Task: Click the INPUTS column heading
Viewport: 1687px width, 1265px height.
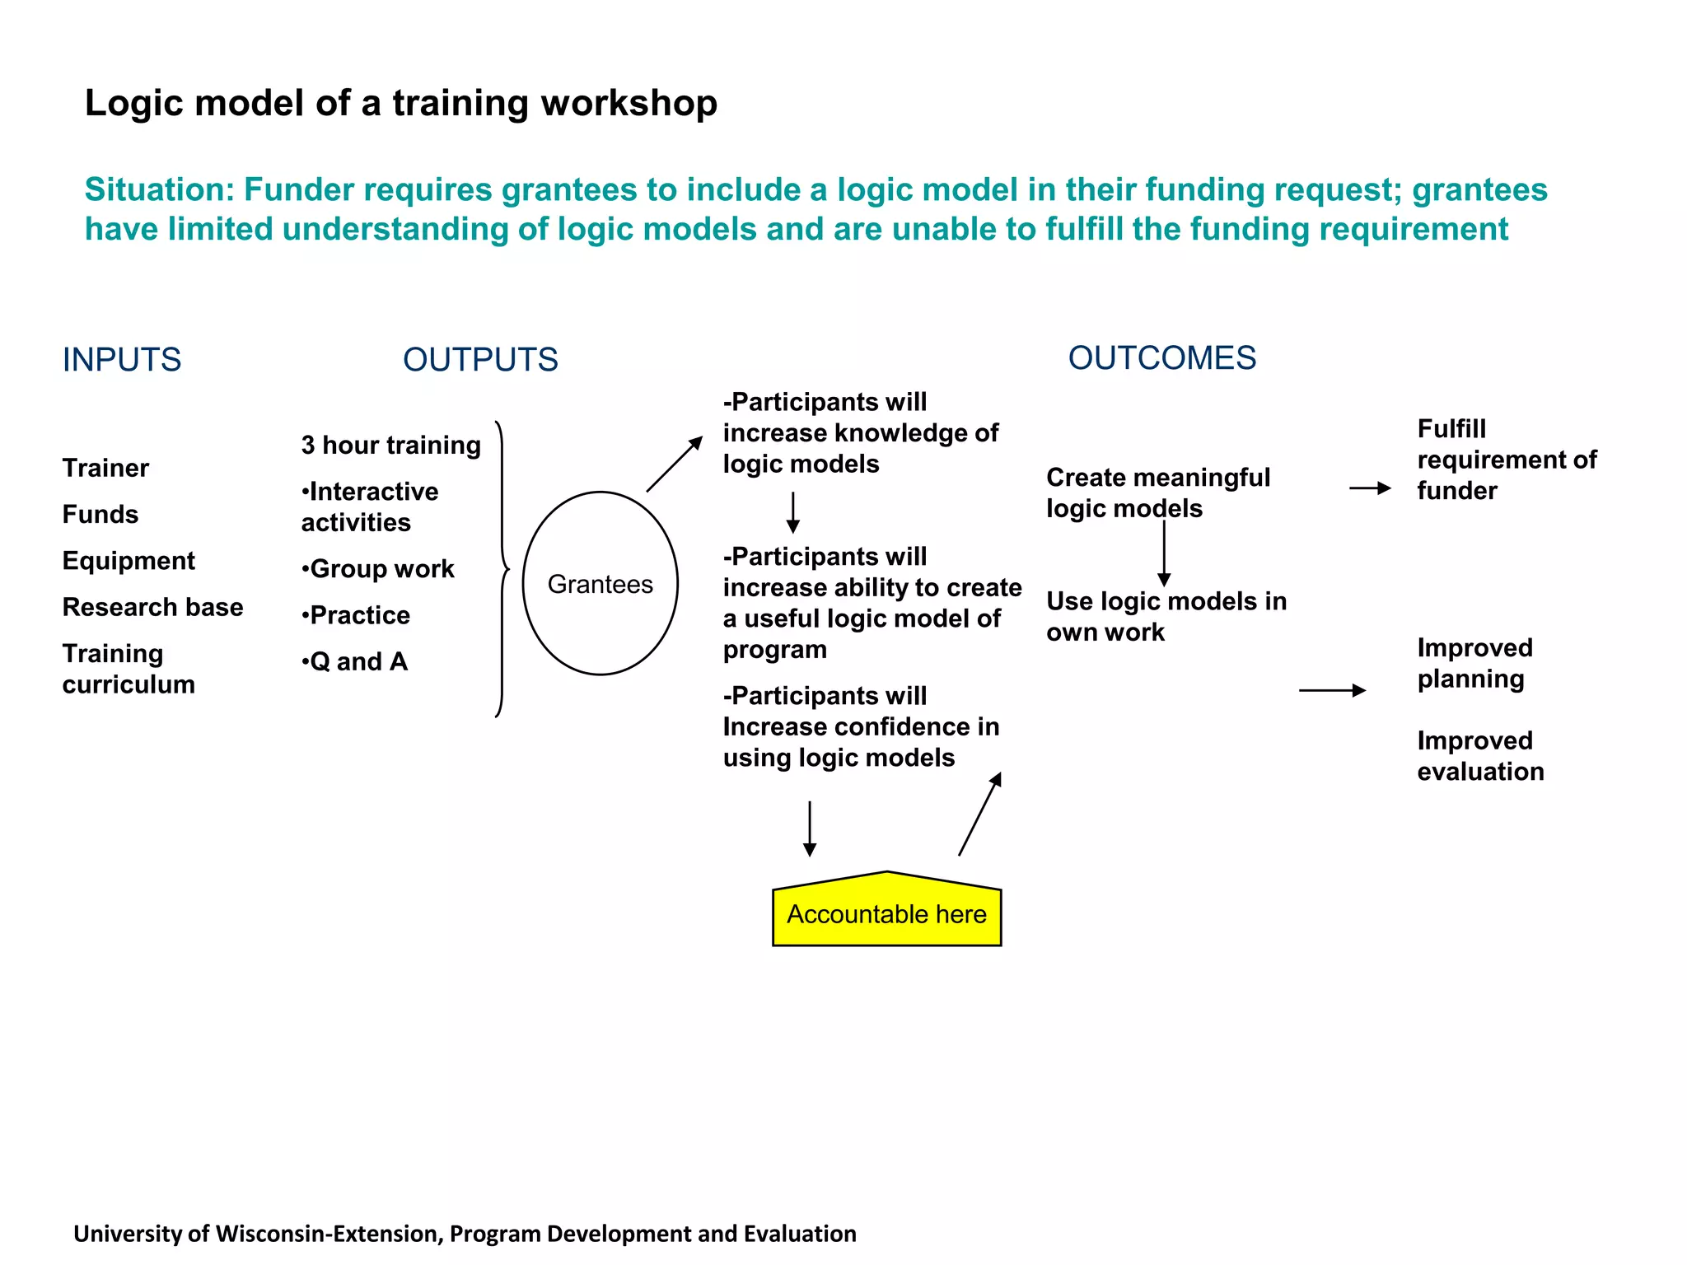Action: click(x=122, y=360)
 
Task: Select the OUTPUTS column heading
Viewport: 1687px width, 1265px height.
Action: click(x=480, y=360)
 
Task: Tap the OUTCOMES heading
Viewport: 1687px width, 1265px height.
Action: click(x=1161, y=358)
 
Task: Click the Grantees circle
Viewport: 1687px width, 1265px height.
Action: click(x=600, y=584)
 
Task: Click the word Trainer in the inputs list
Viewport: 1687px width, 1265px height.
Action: click(x=105, y=468)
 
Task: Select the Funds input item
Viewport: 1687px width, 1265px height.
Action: click(x=100, y=515)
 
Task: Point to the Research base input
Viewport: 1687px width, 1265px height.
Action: click(x=152, y=607)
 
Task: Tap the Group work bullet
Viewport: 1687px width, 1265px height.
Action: click(x=378, y=569)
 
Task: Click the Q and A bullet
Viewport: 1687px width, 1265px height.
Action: click(x=355, y=661)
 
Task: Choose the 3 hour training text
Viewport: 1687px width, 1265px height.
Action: click(x=390, y=446)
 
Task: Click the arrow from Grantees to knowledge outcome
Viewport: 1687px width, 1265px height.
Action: click(x=674, y=464)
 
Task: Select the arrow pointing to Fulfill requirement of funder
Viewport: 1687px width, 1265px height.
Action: click(x=1369, y=488)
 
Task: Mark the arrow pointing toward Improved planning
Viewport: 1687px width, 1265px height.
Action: click(x=1331, y=690)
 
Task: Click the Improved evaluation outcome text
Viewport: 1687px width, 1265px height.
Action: click(x=1479, y=756)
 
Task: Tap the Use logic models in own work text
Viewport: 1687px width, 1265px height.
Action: click(x=1166, y=616)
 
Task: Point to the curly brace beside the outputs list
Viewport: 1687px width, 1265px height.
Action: click(x=502, y=569)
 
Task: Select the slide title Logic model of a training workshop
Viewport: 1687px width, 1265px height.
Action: click(x=401, y=104)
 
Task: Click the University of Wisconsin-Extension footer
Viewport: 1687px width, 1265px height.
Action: click(x=465, y=1234)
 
